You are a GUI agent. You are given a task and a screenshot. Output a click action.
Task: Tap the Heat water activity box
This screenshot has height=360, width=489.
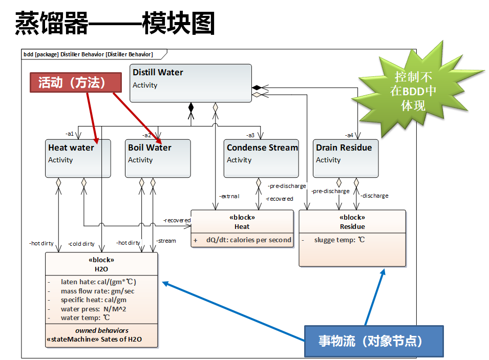click(78, 158)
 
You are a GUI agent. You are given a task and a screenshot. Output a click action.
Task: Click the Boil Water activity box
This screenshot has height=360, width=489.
click(158, 158)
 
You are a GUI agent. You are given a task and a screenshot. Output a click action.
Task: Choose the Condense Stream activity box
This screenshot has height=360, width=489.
click(261, 158)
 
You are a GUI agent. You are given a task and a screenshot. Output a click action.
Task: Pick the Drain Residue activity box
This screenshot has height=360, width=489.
click(346, 158)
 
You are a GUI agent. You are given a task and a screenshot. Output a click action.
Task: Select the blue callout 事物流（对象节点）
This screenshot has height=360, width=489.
click(373, 341)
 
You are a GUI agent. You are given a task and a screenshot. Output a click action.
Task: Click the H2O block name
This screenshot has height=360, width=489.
click(101, 269)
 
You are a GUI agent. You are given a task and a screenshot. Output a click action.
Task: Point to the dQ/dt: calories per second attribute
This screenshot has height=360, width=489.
click(248, 240)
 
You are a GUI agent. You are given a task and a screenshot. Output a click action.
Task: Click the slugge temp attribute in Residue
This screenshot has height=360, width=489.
click(339, 240)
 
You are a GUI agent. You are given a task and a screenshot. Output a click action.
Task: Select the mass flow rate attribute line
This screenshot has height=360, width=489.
click(97, 291)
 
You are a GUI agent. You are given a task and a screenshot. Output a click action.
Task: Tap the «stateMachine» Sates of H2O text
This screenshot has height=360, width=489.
click(94, 339)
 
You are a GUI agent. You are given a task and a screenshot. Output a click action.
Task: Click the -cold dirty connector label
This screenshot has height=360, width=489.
click(81, 244)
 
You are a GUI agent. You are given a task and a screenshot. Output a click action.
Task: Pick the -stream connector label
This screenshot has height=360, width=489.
click(165, 241)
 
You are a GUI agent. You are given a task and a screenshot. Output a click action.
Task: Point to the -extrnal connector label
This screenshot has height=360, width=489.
click(228, 196)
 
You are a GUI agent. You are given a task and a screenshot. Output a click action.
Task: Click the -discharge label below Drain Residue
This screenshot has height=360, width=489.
click(374, 196)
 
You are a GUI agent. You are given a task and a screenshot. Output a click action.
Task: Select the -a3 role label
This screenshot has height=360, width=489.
click(250, 135)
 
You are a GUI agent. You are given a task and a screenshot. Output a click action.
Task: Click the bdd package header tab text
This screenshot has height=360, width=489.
click(88, 54)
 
